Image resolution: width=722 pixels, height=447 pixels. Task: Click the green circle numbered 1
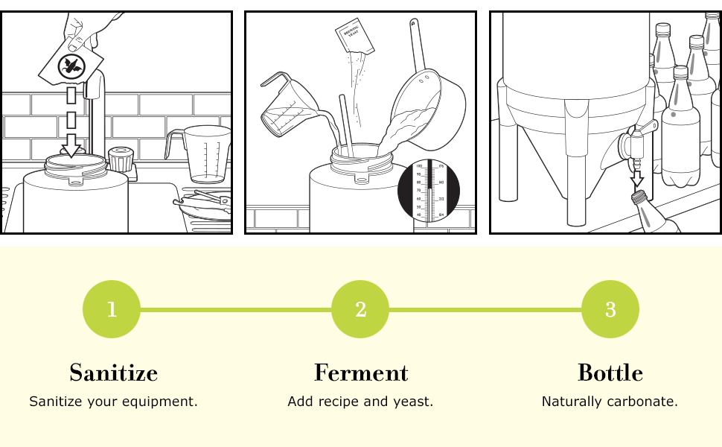click(x=112, y=309)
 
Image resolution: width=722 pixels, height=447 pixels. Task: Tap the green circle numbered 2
click(x=360, y=309)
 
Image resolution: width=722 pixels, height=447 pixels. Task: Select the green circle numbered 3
click(x=610, y=309)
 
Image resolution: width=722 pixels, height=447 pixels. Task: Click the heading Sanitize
click(x=113, y=372)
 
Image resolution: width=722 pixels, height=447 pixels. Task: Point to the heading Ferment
click(x=361, y=372)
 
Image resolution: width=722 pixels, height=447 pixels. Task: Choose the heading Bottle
click(x=610, y=372)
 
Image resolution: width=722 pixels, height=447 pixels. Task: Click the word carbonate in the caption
click(x=646, y=402)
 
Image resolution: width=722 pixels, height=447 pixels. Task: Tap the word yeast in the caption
click(x=415, y=402)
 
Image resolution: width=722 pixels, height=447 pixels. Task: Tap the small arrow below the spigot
click(x=636, y=180)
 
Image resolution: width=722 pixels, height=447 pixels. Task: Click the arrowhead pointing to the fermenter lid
click(x=71, y=149)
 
